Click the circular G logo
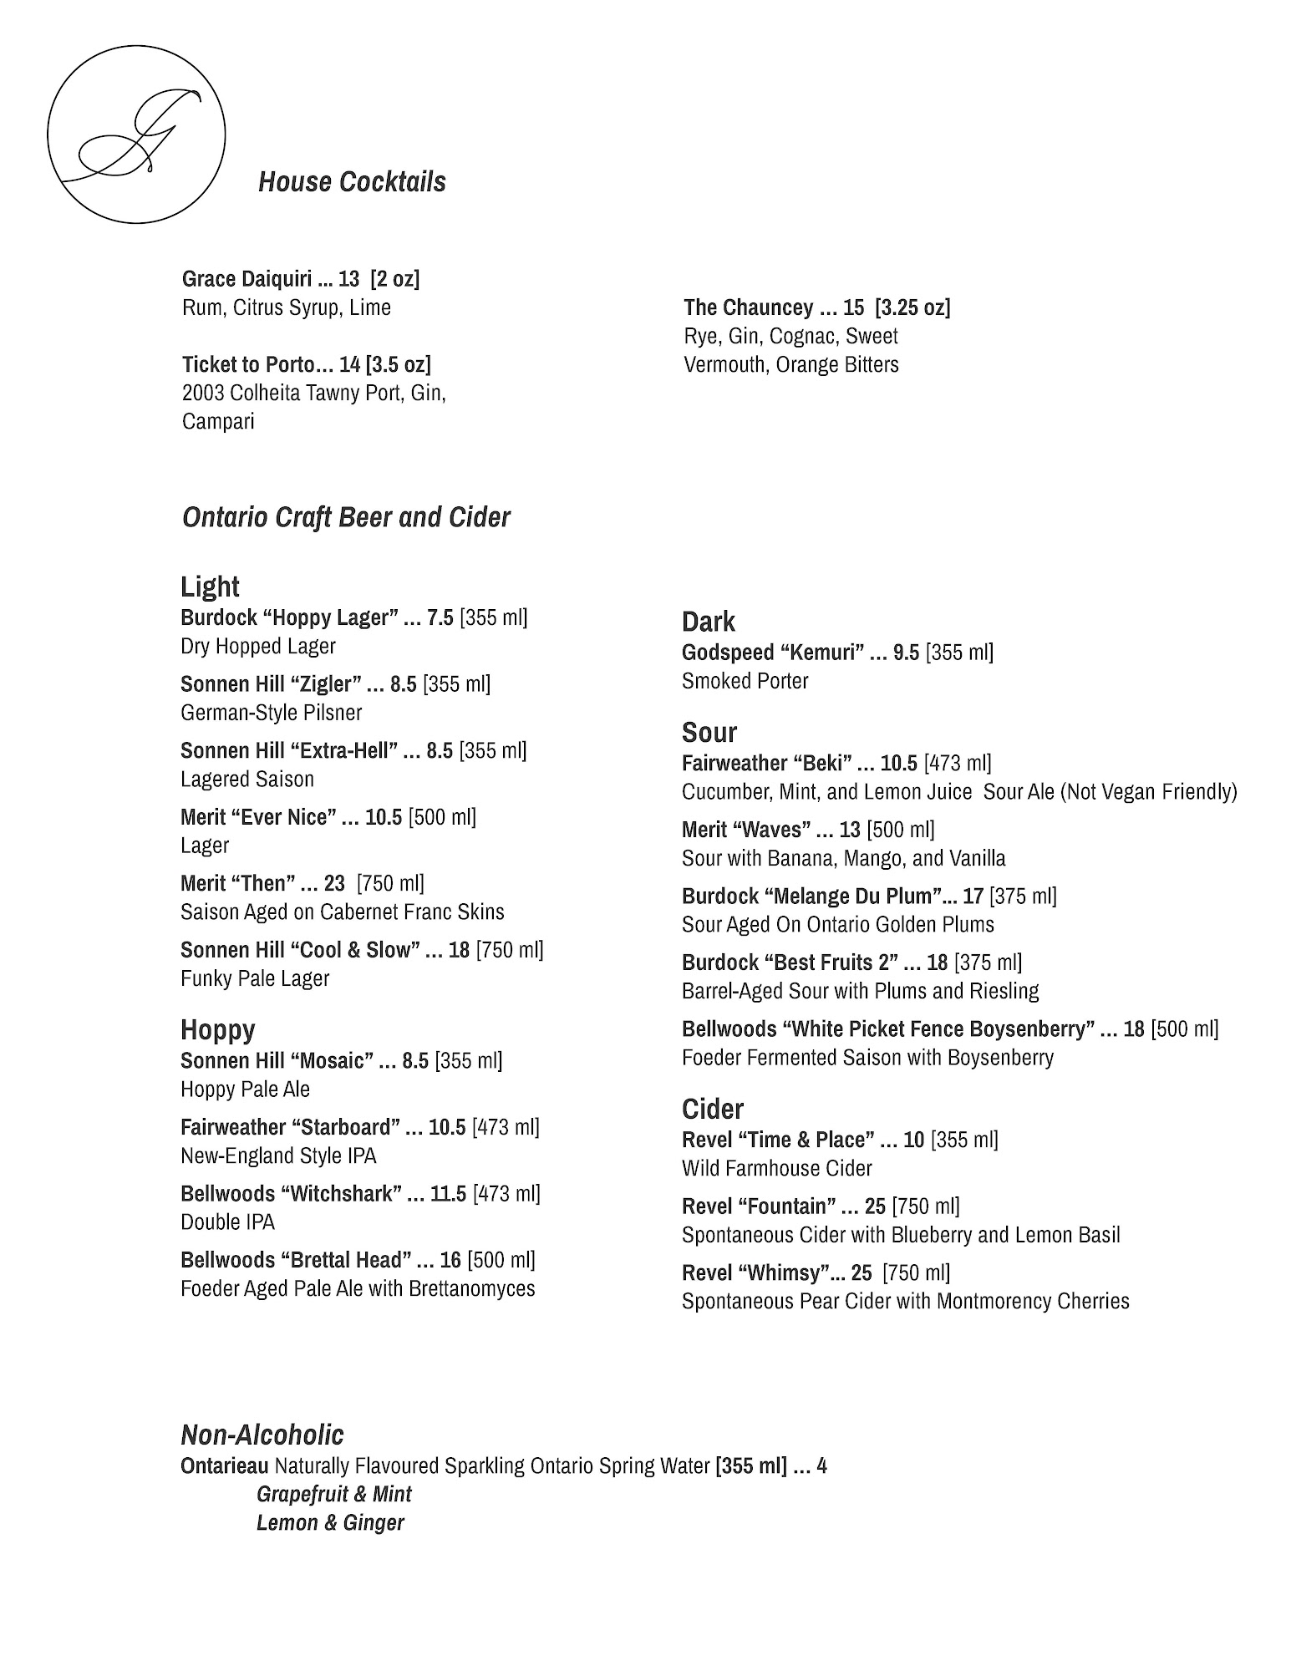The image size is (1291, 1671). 136,134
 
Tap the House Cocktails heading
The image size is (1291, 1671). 352,182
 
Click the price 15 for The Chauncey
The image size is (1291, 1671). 853,307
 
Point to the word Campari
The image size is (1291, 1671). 218,421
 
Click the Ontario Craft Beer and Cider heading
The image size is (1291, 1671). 346,517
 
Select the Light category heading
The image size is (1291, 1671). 210,587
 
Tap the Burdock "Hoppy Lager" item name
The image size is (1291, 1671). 285,617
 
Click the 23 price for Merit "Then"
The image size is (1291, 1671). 334,883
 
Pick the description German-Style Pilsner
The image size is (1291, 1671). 272,713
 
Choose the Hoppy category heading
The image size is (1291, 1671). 217,1029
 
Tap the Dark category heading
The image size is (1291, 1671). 708,622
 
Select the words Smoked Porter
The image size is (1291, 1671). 745,681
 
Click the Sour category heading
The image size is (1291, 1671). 709,733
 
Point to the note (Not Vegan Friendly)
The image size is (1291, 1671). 1148,791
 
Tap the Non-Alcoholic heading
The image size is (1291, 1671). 262,1435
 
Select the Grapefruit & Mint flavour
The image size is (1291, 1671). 334,1494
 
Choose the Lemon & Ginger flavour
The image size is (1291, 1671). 330,1522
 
